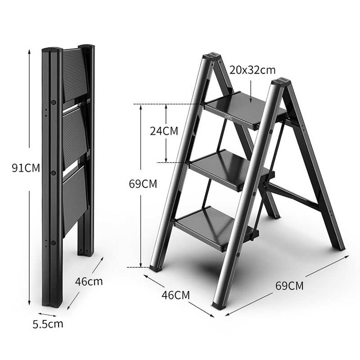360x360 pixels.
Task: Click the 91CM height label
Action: (x=26, y=168)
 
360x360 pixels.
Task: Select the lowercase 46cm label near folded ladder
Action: (x=89, y=282)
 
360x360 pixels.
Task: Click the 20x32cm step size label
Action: (x=252, y=70)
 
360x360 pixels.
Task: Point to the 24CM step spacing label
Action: (x=164, y=131)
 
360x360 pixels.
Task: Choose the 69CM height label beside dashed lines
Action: (x=143, y=184)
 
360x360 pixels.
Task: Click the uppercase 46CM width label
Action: (x=175, y=295)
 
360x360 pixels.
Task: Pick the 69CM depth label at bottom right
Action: (x=289, y=285)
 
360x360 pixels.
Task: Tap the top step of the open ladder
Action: (x=243, y=108)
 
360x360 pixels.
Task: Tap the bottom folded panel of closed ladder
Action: (x=75, y=198)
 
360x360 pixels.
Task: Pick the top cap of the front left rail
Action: (x=211, y=57)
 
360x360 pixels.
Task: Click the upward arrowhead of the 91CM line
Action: (x=29, y=51)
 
